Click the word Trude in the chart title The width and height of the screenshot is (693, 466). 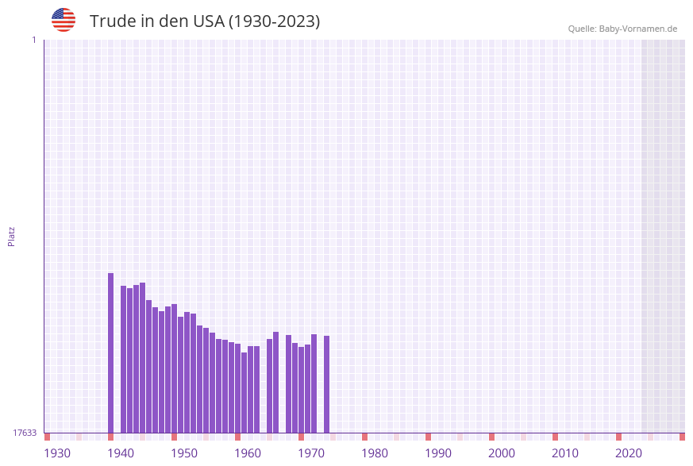pos(110,21)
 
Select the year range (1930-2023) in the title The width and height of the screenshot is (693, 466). pos(275,21)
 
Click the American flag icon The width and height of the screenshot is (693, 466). pos(64,21)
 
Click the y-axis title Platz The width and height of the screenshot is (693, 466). pos(12,236)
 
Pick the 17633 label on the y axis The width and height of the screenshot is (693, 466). pos(25,433)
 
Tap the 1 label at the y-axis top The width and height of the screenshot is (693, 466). pos(34,40)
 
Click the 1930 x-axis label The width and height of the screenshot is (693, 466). pos(57,453)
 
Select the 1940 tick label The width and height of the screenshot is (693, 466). pos(121,453)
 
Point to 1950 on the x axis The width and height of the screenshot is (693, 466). pos(184,453)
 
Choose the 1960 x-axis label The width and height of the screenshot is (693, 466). pos(248,453)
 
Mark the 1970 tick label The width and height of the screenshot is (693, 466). pos(311,453)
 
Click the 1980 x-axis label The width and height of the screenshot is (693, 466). pos(375,453)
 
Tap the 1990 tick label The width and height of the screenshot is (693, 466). pos(438,453)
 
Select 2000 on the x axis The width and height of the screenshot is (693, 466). pos(502,453)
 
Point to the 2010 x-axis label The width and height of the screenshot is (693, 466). pos(565,453)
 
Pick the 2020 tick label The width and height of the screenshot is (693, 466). pos(629,453)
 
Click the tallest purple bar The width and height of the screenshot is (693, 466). pos(110,353)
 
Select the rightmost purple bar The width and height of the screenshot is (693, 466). pos(326,384)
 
